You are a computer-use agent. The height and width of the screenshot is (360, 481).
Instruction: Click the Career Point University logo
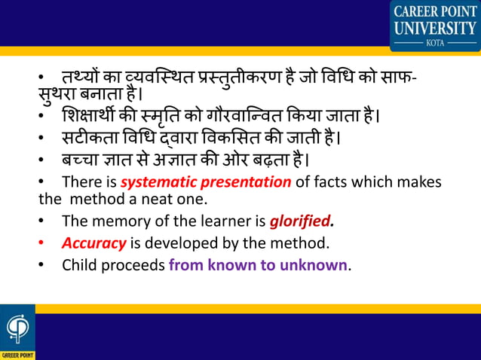[435, 25]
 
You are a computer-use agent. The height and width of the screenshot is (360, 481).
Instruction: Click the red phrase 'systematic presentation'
[206, 182]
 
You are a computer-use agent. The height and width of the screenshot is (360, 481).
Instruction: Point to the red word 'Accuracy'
[94, 243]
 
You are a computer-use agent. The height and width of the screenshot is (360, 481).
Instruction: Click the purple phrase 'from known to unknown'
[259, 265]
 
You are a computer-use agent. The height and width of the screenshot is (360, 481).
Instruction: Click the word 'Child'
[78, 265]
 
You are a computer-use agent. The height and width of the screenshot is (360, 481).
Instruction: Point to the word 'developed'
[182, 243]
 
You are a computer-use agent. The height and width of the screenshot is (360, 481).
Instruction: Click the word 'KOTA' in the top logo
[435, 43]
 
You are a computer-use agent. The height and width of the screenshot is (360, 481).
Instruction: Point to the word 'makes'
[418, 182]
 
